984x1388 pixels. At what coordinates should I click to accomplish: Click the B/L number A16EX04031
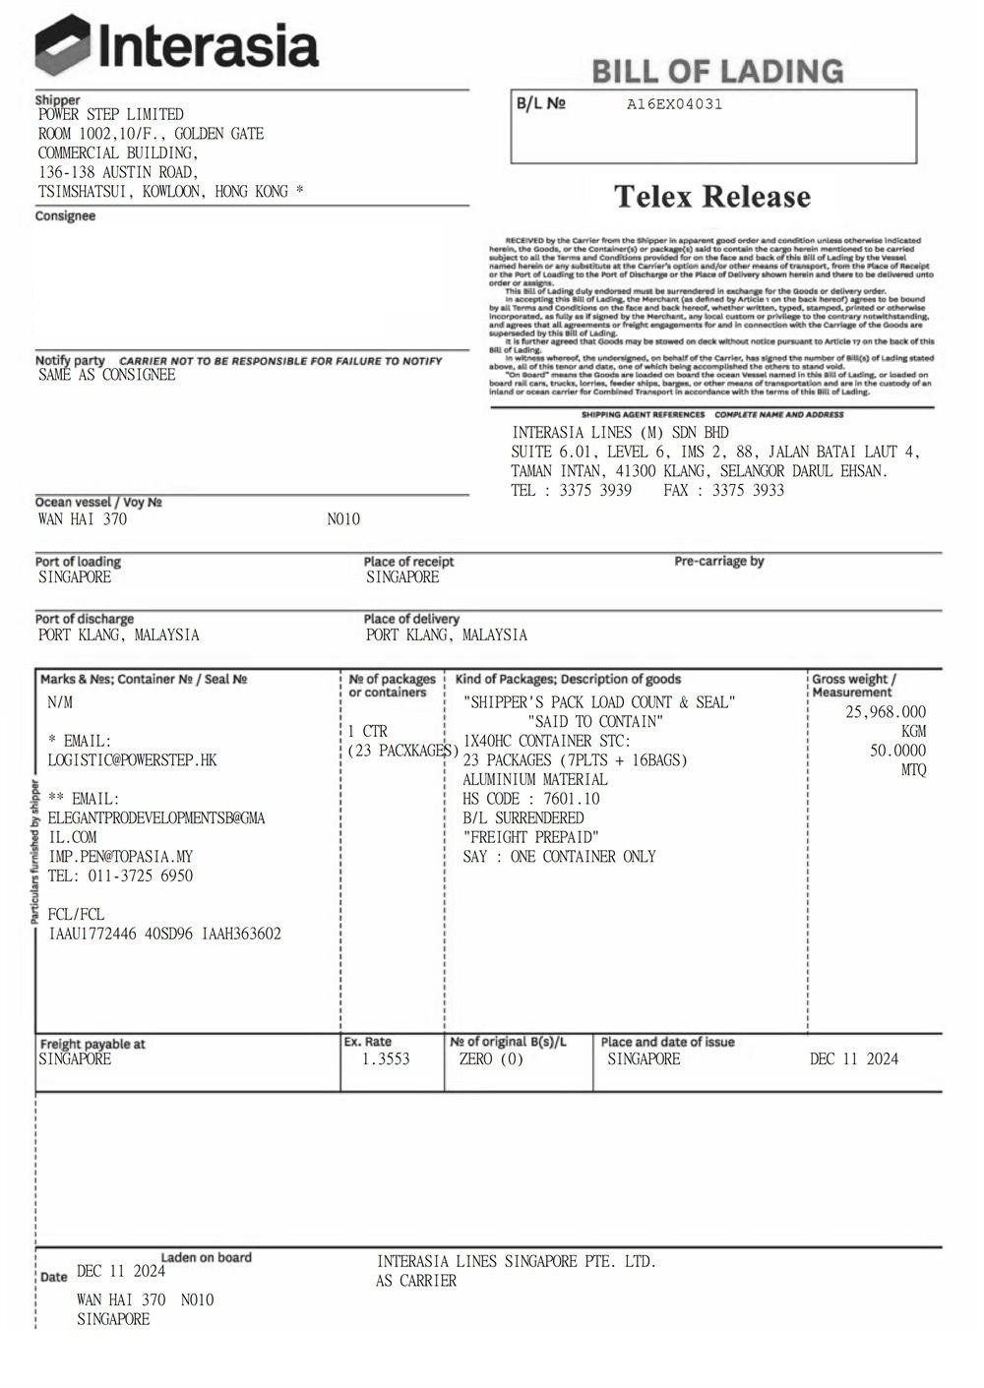click(x=674, y=104)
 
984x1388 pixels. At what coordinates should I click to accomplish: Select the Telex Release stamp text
click(x=712, y=197)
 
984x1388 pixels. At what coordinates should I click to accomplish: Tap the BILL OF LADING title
click(x=717, y=71)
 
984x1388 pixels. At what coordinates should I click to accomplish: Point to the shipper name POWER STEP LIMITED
click(x=111, y=114)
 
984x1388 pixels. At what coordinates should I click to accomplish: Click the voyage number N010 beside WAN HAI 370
click(x=343, y=519)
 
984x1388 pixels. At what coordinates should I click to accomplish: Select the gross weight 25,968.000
click(x=885, y=712)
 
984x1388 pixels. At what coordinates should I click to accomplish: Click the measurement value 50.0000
click(x=897, y=751)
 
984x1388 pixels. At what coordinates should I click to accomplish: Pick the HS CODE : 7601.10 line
click(x=530, y=799)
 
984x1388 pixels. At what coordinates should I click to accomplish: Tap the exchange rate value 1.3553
click(x=386, y=1059)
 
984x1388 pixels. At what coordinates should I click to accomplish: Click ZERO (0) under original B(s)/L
click(x=491, y=1059)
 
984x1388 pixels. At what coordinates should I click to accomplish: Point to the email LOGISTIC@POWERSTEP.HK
click(x=132, y=760)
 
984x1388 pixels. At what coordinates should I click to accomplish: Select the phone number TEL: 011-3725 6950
click(x=120, y=875)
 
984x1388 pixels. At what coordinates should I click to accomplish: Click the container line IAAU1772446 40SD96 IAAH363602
click(x=164, y=934)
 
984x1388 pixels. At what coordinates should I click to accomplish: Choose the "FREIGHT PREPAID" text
click(x=530, y=837)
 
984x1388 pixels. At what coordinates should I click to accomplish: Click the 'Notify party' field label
click(x=70, y=360)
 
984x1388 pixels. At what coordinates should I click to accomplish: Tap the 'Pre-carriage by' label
click(x=718, y=561)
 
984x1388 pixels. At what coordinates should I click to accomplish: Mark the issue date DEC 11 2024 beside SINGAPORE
click(x=853, y=1059)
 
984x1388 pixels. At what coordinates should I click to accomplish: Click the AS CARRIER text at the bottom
click(x=416, y=1281)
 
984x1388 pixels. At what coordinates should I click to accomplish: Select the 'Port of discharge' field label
click(x=85, y=619)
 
